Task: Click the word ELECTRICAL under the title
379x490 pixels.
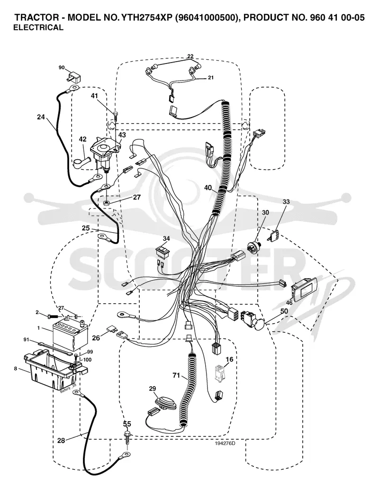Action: click(38, 27)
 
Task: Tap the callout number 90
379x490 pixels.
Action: click(62, 67)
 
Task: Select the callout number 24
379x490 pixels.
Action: click(41, 117)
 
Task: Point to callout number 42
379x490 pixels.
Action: click(82, 139)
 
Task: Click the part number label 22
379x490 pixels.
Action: click(190, 56)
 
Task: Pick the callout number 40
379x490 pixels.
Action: click(208, 188)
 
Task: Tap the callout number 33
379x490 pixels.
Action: click(286, 201)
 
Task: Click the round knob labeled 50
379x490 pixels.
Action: click(260, 324)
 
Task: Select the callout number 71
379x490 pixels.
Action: click(177, 375)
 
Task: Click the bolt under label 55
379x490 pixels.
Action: click(127, 438)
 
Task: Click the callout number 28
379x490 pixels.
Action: click(61, 440)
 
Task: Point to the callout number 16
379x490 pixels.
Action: click(229, 359)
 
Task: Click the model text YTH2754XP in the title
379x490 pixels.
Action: click(146, 18)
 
